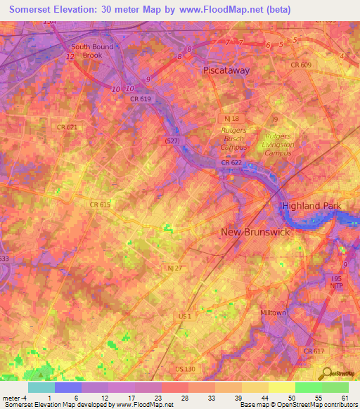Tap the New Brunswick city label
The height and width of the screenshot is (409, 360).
(255, 231)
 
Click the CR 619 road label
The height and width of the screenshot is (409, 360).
(140, 99)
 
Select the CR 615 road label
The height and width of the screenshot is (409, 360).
(100, 204)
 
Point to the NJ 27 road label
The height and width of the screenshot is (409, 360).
(175, 268)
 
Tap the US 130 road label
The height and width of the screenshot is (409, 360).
(187, 368)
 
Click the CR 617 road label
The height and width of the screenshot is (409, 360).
(314, 350)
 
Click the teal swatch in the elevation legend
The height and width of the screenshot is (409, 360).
(41, 387)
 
